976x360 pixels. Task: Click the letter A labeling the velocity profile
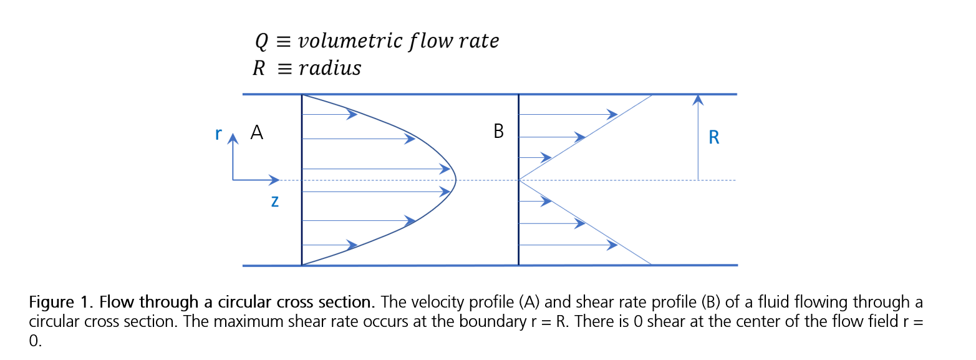click(x=256, y=132)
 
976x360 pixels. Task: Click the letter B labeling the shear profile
click(x=498, y=132)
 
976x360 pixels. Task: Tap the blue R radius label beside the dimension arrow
click(x=714, y=138)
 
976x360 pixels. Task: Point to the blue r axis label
click(x=218, y=134)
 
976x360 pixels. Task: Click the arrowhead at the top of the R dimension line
click(x=698, y=99)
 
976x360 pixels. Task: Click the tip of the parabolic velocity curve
click(x=456, y=180)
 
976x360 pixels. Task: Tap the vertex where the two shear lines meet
click(x=519, y=180)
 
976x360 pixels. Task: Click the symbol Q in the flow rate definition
click(x=261, y=42)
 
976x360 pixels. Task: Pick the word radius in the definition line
click(x=330, y=68)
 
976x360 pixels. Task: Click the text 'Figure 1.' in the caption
click(x=61, y=303)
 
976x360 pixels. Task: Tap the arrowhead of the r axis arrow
click(x=233, y=138)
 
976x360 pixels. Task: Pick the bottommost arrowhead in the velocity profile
click(x=352, y=245)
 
